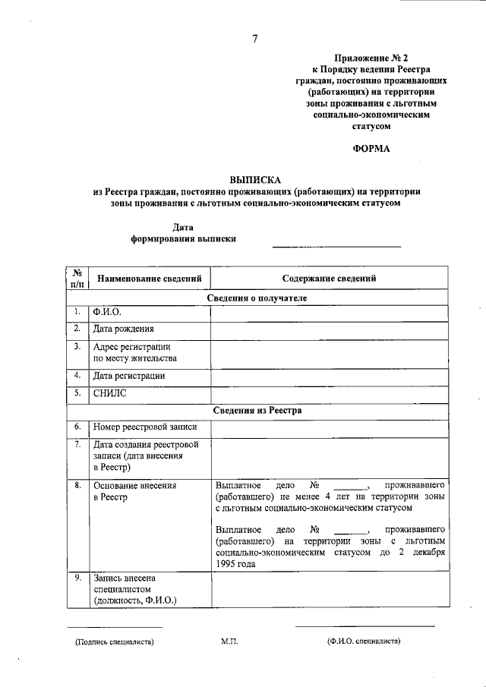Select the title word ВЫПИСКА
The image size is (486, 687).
pyautogui.click(x=255, y=180)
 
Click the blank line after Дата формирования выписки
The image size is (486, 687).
pyautogui.click(x=336, y=241)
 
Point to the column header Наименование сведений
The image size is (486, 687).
pyautogui.click(x=149, y=279)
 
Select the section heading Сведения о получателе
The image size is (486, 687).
pyautogui.click(x=257, y=298)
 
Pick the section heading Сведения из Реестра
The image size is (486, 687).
pyautogui.click(x=257, y=410)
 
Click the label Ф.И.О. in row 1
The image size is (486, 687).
pyautogui.click(x=106, y=312)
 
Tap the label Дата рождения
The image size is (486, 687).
pyautogui.click(x=123, y=329)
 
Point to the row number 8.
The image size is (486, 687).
pyautogui.click(x=77, y=484)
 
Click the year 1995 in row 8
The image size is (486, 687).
pyautogui.click(x=226, y=564)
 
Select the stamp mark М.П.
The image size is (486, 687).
pyautogui.click(x=230, y=641)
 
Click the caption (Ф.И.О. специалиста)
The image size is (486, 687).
pyautogui.click(x=364, y=641)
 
